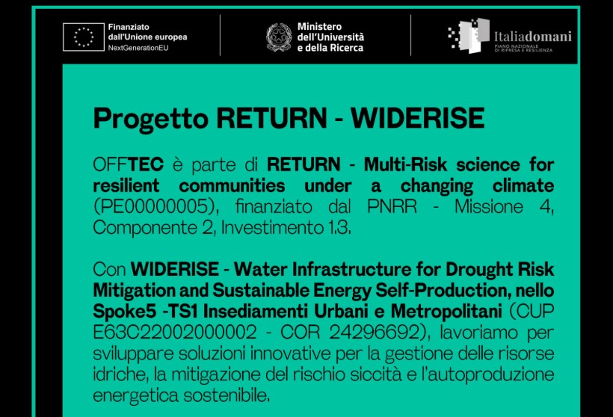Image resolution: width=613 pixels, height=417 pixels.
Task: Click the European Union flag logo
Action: coord(84,37)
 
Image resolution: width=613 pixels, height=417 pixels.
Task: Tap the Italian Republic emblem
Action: coord(279,37)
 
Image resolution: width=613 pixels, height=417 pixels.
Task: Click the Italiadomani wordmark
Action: coord(532,37)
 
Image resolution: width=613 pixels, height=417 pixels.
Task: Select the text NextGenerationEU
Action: coord(138,48)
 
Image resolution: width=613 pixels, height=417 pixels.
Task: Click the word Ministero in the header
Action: coord(319,27)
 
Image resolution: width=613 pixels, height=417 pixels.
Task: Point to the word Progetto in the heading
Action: coord(150,118)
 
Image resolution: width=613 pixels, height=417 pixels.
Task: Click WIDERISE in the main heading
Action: coord(417,117)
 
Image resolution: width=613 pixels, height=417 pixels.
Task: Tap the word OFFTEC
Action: coord(129,164)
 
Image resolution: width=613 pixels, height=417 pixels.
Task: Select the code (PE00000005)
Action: coord(155,207)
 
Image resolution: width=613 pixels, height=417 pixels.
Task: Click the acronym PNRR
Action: coord(392,206)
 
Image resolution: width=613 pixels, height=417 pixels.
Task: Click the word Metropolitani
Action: coord(446,312)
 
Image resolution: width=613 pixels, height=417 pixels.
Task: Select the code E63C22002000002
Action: coord(175,333)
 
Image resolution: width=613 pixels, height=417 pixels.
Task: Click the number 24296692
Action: coord(375,333)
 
